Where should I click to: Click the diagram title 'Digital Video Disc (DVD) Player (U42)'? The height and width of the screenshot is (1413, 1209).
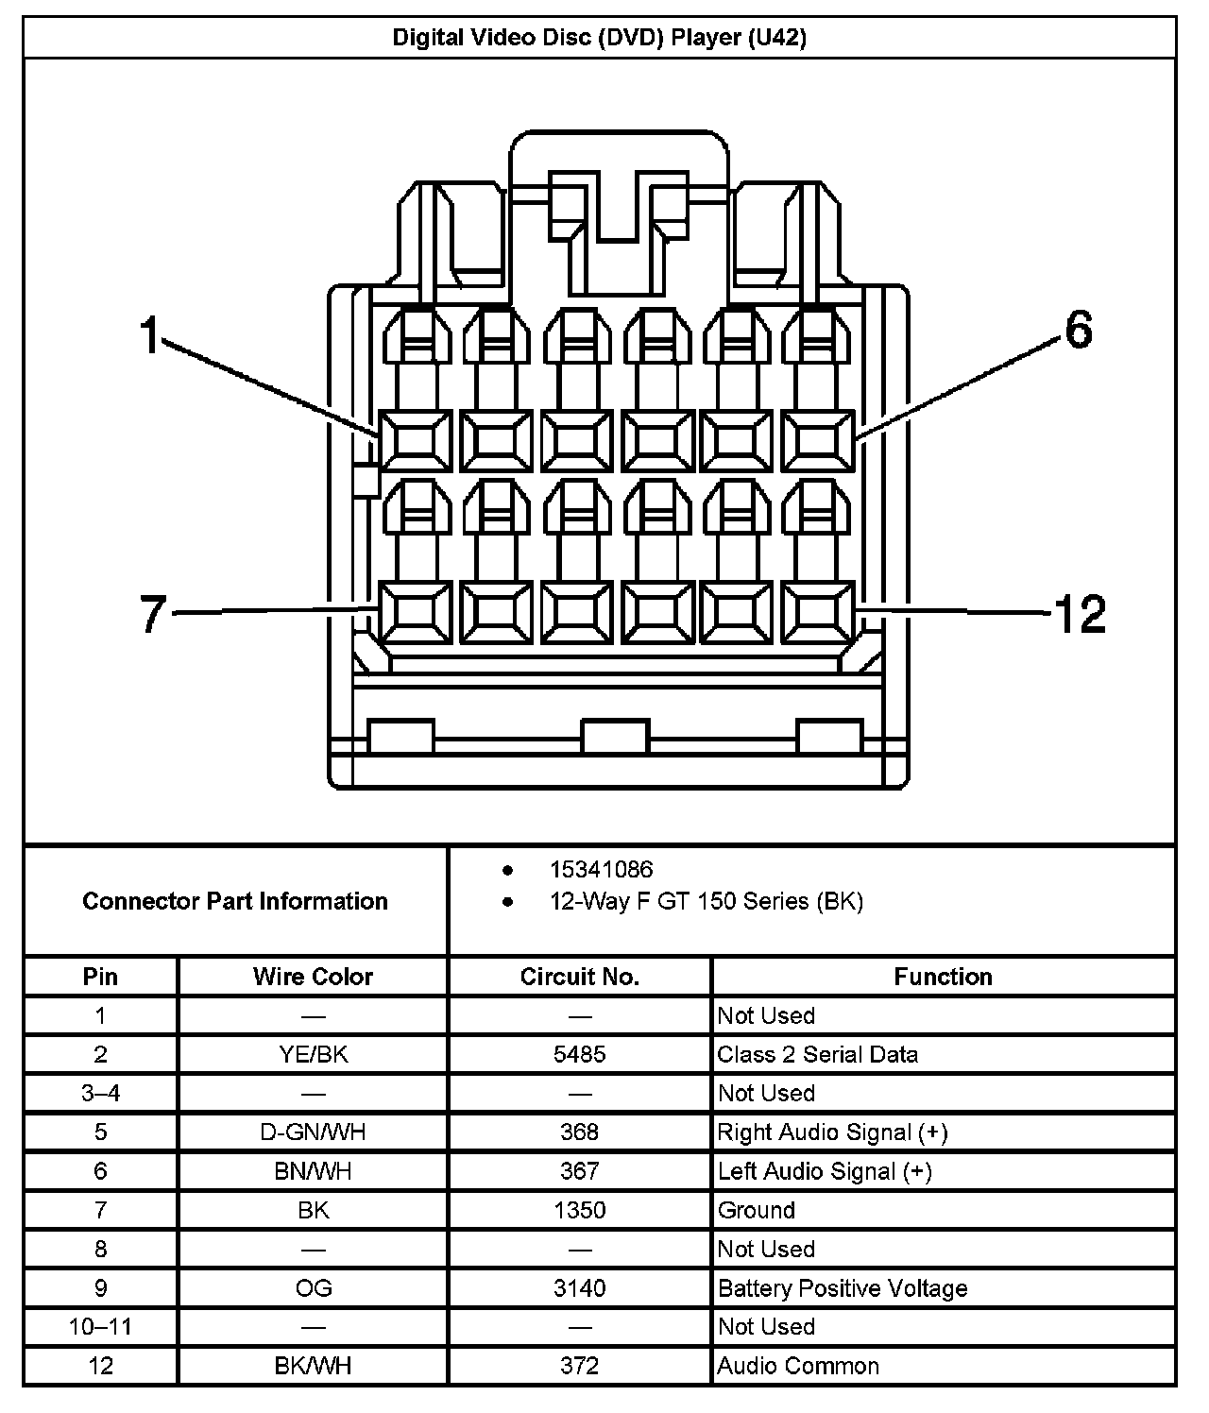(599, 38)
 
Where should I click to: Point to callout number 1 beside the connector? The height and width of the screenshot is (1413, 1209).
(150, 335)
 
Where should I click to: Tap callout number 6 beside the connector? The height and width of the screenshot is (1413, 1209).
(1078, 331)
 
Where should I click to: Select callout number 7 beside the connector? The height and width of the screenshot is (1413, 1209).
(153, 614)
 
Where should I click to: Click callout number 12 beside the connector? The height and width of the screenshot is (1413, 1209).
(1080, 614)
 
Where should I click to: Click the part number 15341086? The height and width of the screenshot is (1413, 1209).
(601, 869)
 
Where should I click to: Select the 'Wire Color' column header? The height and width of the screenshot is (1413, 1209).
(313, 977)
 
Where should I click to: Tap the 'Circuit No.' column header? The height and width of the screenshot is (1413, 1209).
(579, 977)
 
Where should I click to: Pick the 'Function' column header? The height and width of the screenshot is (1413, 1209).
(943, 977)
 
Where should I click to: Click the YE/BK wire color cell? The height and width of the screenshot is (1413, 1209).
(313, 1054)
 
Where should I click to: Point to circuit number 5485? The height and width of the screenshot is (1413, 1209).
(579, 1054)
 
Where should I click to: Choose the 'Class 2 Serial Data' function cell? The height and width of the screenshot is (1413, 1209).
(817, 1054)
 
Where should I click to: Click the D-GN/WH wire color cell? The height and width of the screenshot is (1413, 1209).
(313, 1132)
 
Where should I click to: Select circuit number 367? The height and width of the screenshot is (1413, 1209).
(579, 1171)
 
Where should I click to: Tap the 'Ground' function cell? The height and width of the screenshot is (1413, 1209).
(756, 1210)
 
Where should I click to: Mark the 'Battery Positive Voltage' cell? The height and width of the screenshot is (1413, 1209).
(843, 1288)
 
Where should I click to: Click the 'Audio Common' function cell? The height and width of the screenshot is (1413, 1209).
(798, 1366)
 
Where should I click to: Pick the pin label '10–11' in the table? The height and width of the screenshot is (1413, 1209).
(100, 1326)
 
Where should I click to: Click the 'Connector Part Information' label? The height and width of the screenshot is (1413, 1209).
(235, 901)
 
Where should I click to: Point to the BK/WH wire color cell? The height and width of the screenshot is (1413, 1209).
(313, 1366)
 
